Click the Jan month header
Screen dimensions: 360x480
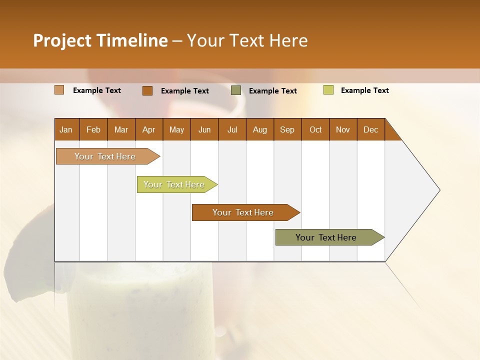pyautogui.click(x=66, y=129)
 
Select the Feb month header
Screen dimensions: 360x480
pyautogui.click(x=93, y=129)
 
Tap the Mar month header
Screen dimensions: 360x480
pyautogui.click(x=121, y=129)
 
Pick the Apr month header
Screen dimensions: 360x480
pyautogui.click(x=149, y=129)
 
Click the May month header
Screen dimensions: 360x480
pyautogui.click(x=176, y=129)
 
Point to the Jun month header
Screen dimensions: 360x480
pyautogui.click(x=204, y=129)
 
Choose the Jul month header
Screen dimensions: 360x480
pyautogui.click(x=232, y=129)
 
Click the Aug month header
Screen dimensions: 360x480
pyautogui.click(x=260, y=129)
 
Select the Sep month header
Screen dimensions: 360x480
pyautogui.click(x=287, y=129)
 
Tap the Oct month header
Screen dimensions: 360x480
pyautogui.click(x=315, y=129)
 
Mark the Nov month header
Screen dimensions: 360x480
pyautogui.click(x=343, y=129)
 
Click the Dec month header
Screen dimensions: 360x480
pyautogui.click(x=371, y=129)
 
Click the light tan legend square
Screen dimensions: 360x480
pyautogui.click(x=59, y=90)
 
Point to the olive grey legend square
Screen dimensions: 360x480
pyautogui.click(x=236, y=90)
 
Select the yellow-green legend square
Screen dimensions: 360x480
pyautogui.click(x=328, y=90)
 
